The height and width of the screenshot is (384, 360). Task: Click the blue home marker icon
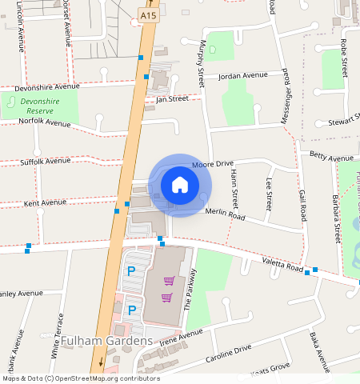click(180, 185)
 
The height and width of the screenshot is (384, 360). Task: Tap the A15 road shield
click(146, 15)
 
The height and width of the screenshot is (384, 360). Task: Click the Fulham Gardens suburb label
click(106, 342)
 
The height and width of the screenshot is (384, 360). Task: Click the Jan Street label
click(172, 98)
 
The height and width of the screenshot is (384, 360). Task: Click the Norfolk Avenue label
click(45, 123)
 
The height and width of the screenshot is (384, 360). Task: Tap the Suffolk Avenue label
click(45, 161)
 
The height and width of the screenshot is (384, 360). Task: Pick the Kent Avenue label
click(45, 202)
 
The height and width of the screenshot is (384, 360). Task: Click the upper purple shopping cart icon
click(169, 281)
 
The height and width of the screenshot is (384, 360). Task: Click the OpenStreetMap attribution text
click(80, 378)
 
